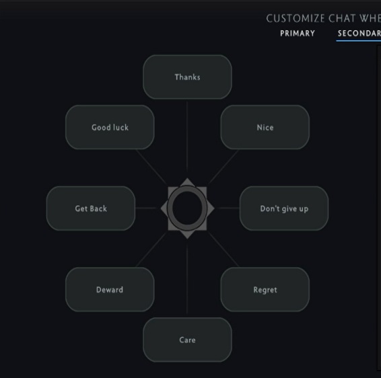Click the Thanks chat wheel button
[x=187, y=77]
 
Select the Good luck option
[x=110, y=127]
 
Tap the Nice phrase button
[x=265, y=127]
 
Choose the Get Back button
[x=91, y=209]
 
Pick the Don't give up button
[x=284, y=209]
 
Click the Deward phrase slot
[x=110, y=289]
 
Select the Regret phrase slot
[x=265, y=289]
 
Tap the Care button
[x=187, y=340]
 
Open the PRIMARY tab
[x=298, y=33]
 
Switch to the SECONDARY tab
[x=359, y=33]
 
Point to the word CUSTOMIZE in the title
[x=296, y=18]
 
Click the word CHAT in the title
[x=343, y=18]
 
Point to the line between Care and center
[x=187, y=279]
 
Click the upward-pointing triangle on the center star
[x=187, y=182]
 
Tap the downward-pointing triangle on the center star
[x=187, y=234]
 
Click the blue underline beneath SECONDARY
[x=358, y=41]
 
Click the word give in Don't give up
[x=289, y=209]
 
